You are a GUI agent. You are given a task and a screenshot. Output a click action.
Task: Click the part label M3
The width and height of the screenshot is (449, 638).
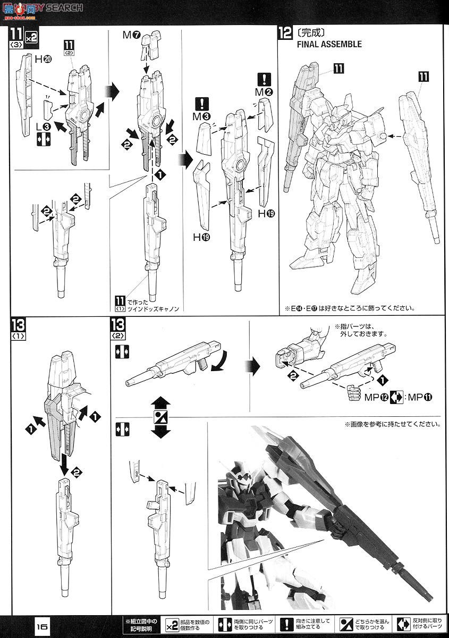click(203, 116)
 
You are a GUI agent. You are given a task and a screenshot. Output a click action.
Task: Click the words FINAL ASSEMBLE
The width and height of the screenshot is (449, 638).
click(329, 45)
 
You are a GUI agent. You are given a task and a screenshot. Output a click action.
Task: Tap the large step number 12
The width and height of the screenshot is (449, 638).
click(285, 33)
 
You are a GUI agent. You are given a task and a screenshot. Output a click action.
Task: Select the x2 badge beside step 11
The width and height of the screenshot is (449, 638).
click(31, 38)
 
